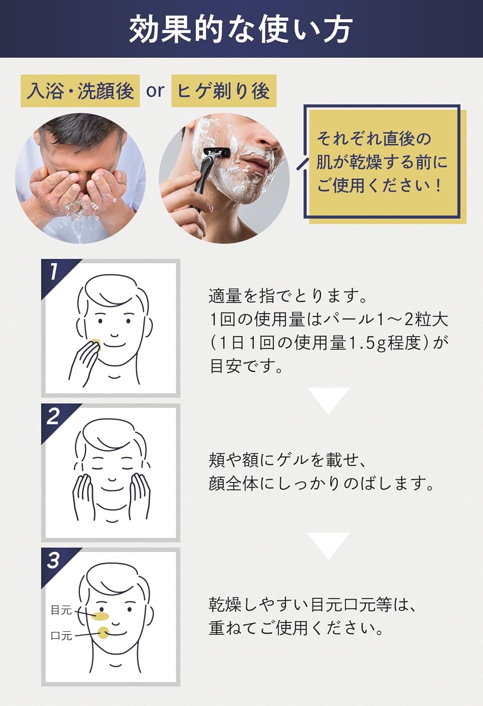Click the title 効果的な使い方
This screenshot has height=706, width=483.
[241, 29]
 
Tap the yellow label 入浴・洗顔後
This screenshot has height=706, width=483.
[80, 90]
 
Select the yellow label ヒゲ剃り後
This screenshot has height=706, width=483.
[223, 90]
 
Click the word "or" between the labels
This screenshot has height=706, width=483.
[155, 90]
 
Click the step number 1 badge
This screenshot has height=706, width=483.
[54, 272]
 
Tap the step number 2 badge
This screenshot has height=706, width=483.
[53, 416]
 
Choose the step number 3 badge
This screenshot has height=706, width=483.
[53, 560]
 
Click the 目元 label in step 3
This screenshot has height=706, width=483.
[61, 610]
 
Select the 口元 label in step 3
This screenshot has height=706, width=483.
[61, 636]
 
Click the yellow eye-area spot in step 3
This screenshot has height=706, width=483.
[101, 615]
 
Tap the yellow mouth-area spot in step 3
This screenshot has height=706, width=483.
[103, 633]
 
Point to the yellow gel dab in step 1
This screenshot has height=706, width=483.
[96, 343]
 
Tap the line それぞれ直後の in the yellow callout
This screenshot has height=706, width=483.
[374, 139]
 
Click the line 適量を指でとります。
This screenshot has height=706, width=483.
[288, 296]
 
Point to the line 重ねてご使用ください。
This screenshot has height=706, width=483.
[296, 628]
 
